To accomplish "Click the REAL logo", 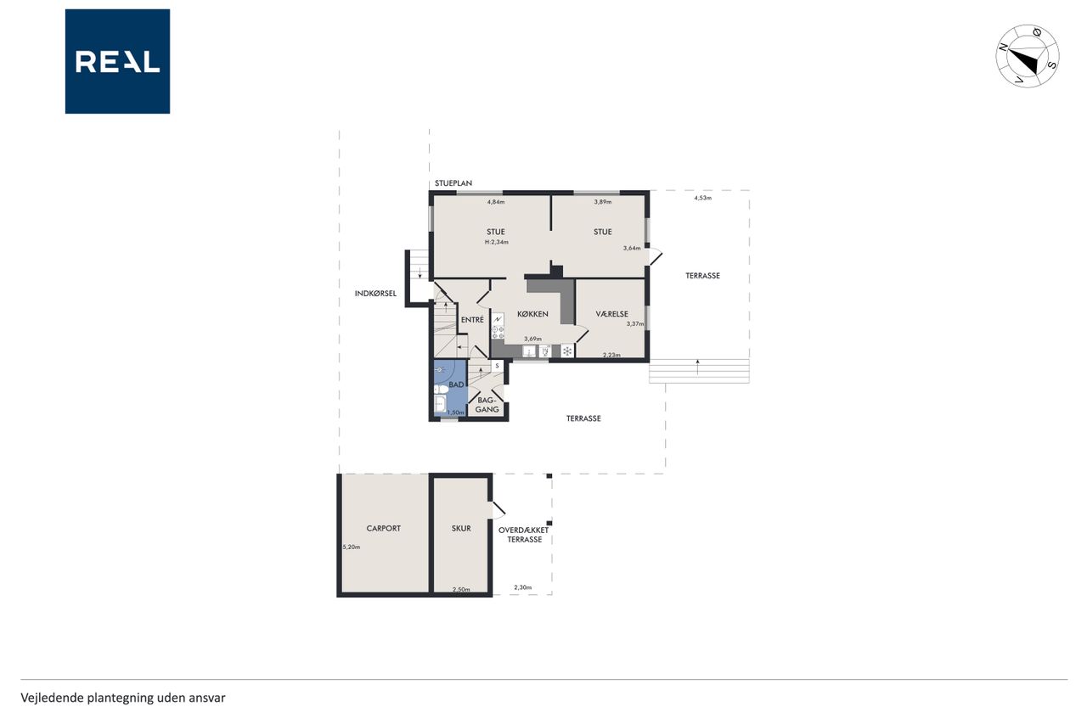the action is pyautogui.click(x=117, y=61).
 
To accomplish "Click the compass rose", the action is pyautogui.click(x=1028, y=56).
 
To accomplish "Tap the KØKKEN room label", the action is pyautogui.click(x=532, y=314).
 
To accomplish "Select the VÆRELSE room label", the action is pyautogui.click(x=611, y=314).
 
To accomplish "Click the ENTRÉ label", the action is pyautogui.click(x=472, y=320).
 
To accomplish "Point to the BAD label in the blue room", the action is pyautogui.click(x=456, y=384).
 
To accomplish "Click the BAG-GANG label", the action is pyautogui.click(x=487, y=405).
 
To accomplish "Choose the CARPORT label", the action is pyautogui.click(x=383, y=528).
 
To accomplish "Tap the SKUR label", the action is pyautogui.click(x=461, y=528).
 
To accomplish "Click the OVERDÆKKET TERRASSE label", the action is pyautogui.click(x=524, y=535).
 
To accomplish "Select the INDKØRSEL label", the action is pyautogui.click(x=375, y=294).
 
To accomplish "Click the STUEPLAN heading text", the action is pyautogui.click(x=453, y=183).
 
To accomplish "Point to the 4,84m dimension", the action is pyautogui.click(x=496, y=202).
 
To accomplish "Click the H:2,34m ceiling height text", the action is pyautogui.click(x=497, y=242).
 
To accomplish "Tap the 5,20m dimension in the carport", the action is pyautogui.click(x=352, y=547).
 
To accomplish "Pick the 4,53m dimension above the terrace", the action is pyautogui.click(x=702, y=198).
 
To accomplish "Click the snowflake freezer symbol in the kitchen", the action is pyautogui.click(x=567, y=351).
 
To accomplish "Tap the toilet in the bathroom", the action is pyautogui.click(x=441, y=389).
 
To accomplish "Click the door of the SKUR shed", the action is pyautogui.click(x=498, y=509).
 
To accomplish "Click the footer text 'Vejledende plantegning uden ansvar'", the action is pyautogui.click(x=123, y=698).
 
